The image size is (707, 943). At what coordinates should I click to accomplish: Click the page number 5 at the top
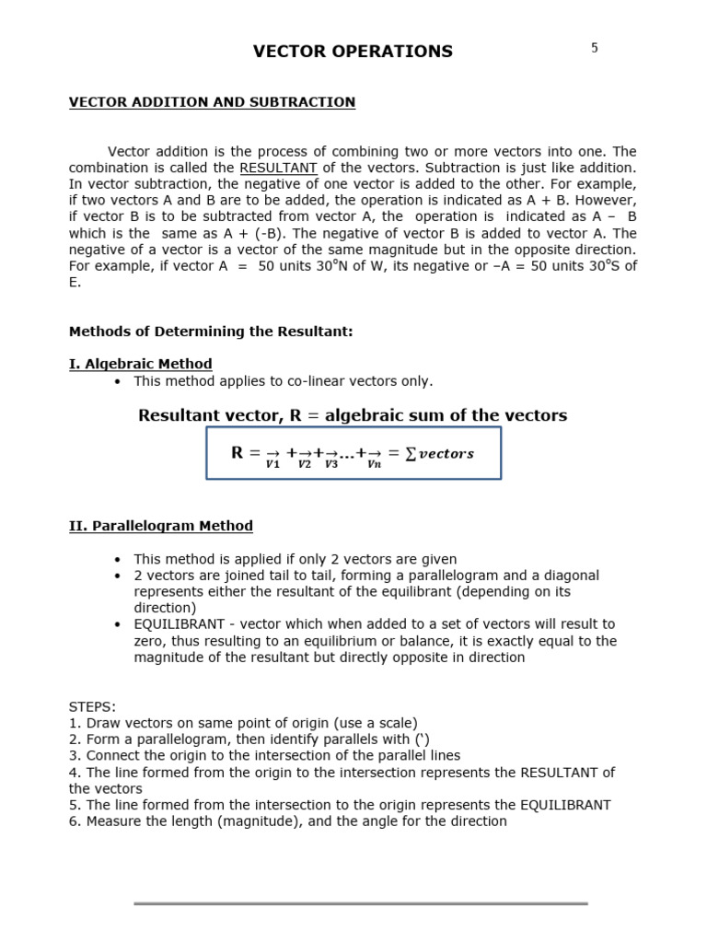point(594,48)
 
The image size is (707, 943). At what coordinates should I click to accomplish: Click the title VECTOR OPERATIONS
point(353,52)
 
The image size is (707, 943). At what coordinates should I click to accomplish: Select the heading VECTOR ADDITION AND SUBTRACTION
point(212,102)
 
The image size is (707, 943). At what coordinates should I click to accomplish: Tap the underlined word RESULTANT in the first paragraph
point(278,168)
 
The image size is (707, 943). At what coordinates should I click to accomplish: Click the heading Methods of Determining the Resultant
point(211,332)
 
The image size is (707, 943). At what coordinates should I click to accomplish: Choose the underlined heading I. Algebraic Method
point(140,364)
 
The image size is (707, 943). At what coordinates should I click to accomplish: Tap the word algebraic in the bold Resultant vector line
point(366,415)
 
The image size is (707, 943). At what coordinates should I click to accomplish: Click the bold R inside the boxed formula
point(238,453)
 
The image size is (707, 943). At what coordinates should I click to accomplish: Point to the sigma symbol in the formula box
point(411,454)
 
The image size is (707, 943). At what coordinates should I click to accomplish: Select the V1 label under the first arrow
point(272,465)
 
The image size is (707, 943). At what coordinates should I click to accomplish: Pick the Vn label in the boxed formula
point(374,465)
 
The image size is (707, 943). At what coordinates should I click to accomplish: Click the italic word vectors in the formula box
point(446,454)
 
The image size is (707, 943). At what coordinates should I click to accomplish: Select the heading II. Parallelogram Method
point(161,526)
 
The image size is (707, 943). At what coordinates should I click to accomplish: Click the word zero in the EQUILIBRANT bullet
point(150,641)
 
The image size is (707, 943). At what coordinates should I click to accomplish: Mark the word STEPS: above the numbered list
point(92,707)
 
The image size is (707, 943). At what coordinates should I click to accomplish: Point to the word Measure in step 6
point(114,821)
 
